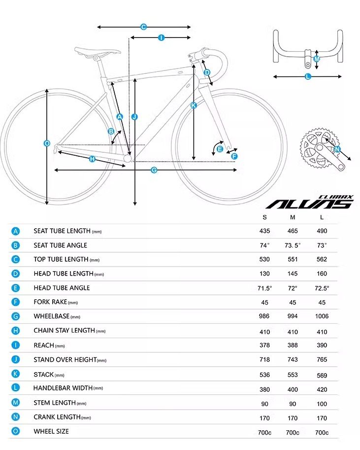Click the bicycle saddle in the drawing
98,51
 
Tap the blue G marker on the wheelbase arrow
154,170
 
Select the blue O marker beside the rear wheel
47,143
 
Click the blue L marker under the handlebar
308,76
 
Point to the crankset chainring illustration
315,147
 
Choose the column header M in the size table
293,217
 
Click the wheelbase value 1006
322,316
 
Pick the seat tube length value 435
265,231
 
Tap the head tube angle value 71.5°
265,288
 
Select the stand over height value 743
293,360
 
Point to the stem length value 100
322,404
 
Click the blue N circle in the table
16,417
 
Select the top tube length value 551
293,259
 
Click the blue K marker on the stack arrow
194,105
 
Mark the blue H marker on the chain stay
92,159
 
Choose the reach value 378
265,346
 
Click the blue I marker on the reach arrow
161,37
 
